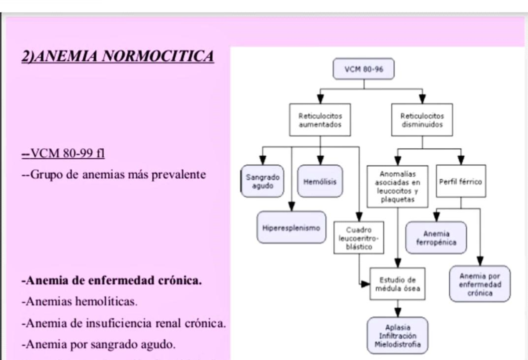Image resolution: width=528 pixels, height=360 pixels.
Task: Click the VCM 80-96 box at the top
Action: [x=363, y=69]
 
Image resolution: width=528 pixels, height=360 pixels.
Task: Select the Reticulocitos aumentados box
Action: [x=320, y=120]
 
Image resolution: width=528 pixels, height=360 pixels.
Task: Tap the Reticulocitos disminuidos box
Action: [x=422, y=120]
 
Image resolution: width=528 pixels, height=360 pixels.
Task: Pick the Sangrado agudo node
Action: [x=262, y=181]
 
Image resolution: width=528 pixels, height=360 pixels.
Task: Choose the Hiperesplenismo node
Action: [x=291, y=228]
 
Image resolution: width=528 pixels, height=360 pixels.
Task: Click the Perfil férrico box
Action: [x=461, y=181]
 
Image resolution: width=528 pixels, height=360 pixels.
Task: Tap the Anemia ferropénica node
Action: [x=436, y=238]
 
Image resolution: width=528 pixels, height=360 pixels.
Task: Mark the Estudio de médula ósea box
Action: [x=397, y=284]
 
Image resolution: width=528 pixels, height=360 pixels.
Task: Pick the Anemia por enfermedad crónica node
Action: [x=480, y=284]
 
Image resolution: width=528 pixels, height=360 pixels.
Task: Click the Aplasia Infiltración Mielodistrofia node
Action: [x=397, y=336]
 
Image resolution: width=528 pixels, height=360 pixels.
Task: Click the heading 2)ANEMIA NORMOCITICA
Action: [x=118, y=56]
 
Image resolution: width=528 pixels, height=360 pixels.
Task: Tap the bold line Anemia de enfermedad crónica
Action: [x=112, y=281]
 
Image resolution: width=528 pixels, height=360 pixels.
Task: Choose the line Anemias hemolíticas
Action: [x=80, y=302]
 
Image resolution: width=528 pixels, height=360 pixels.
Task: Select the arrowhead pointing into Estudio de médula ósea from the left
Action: [x=365, y=284]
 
